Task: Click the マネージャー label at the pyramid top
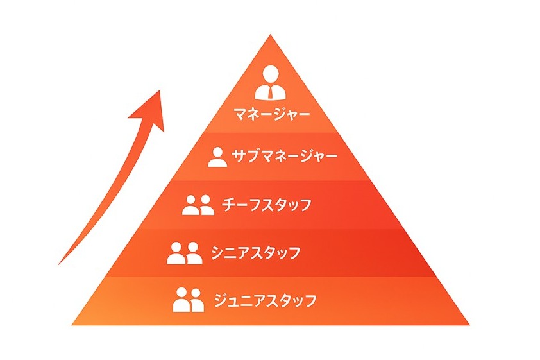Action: pos(272,114)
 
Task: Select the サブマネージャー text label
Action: pos(283,156)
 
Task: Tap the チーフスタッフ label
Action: pos(266,205)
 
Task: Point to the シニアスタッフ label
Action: pos(256,253)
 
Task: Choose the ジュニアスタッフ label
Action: pos(265,300)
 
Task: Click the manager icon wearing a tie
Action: pos(271,83)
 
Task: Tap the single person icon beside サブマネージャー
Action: pos(217,157)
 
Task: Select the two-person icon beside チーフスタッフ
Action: pos(198,205)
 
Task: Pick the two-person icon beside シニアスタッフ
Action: pos(185,253)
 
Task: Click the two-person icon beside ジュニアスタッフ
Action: pos(189,300)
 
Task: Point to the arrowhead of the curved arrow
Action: pos(149,111)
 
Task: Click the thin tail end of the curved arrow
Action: pos(58,264)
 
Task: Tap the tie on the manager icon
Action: pos(271,92)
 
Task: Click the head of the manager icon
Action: pos(271,74)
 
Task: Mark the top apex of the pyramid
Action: pos(271,34)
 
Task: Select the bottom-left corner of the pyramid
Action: pos(72,325)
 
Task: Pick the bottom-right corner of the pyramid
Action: pos(469,325)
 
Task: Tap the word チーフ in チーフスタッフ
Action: pos(241,205)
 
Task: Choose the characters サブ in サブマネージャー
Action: pos(245,156)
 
